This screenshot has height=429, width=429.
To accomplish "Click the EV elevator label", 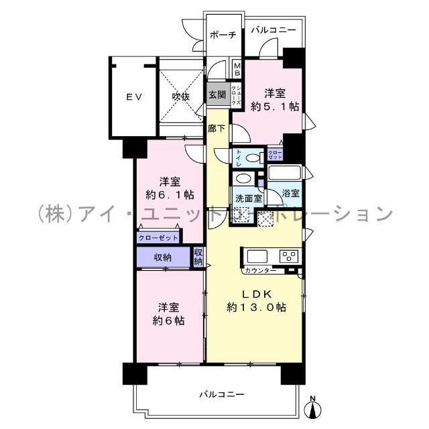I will coord(133,97).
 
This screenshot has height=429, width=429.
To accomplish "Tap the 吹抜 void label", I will coord(180,97).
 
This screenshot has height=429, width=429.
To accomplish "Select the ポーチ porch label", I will coord(221,36).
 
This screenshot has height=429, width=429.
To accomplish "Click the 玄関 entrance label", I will coord(217,95).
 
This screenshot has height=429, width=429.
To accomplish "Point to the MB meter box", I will coord(237,70).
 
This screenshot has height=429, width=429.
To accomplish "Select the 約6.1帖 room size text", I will coord(169,195).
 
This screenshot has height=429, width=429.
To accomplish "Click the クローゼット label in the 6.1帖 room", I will coord(158,238).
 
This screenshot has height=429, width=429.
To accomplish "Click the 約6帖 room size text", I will coord(168,320).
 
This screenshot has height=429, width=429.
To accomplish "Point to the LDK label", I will coord(256,294).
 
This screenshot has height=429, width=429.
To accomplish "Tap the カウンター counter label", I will coord(260,270).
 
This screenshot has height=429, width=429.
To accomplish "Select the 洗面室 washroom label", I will coord(247,198).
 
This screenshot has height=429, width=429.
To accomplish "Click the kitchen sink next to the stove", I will coord(257,256).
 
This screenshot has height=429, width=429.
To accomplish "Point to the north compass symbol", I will coord(312,407).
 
